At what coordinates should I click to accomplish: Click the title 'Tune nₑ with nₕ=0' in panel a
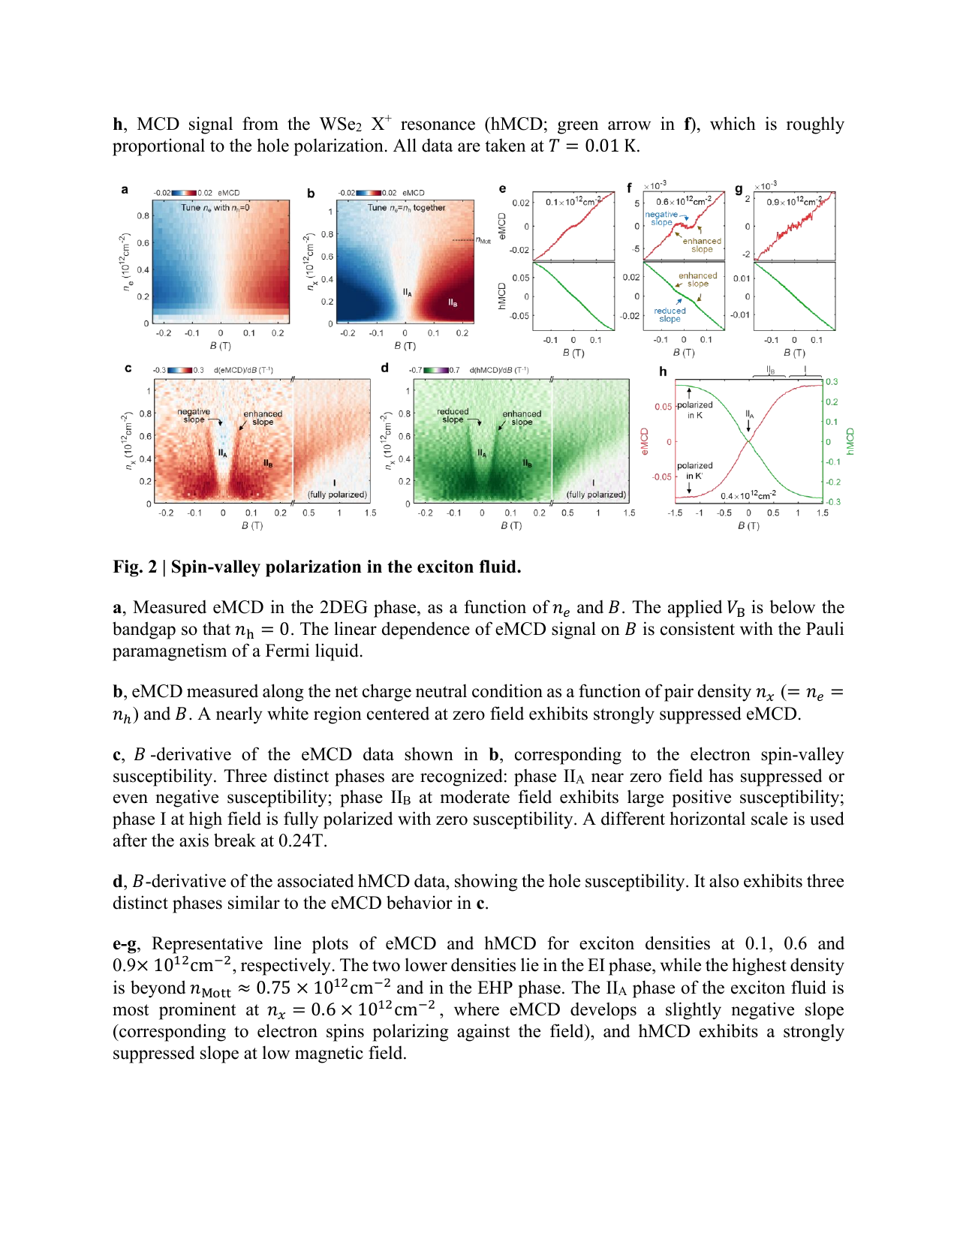(x=215, y=208)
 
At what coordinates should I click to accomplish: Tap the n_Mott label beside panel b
(x=483, y=240)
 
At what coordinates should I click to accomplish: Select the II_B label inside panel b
(x=453, y=302)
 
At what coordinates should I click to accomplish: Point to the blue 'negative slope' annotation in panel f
(x=661, y=218)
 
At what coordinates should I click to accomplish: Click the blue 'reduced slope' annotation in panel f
(x=670, y=315)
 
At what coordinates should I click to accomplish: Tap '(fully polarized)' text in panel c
(x=337, y=495)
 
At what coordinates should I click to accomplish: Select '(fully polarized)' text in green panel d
(x=596, y=495)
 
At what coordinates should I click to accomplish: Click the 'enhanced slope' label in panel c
(x=263, y=418)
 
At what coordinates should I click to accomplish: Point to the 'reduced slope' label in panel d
(x=453, y=416)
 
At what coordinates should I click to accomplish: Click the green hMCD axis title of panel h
(x=850, y=441)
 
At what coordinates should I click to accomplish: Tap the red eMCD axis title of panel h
(x=644, y=441)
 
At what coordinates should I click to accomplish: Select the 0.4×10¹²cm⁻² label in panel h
(x=748, y=495)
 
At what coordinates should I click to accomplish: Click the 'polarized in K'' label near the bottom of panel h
(x=694, y=471)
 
